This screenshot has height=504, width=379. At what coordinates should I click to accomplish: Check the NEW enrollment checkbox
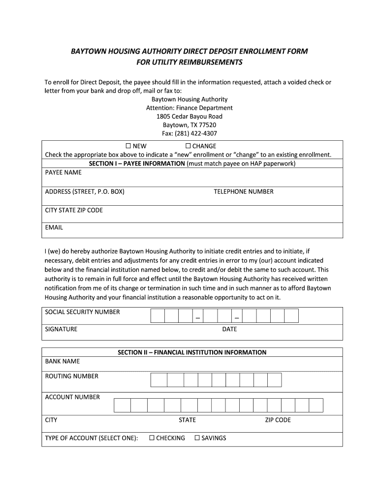128,146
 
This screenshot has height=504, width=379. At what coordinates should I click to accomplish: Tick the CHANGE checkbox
188,146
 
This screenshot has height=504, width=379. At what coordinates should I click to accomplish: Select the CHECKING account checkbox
152,438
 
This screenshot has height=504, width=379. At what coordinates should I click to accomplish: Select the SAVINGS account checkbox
197,438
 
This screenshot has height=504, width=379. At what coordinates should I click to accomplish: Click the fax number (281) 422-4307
189,134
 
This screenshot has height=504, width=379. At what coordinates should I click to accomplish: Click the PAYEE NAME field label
63,173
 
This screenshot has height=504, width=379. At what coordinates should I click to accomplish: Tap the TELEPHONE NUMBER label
243,191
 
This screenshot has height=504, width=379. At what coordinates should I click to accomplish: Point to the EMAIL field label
54,227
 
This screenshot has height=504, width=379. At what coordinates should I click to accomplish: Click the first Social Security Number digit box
158,316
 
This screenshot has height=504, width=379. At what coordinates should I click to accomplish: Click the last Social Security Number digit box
291,316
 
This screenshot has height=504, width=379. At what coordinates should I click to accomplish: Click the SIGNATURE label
61,329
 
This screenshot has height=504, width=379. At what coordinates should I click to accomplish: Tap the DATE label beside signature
229,329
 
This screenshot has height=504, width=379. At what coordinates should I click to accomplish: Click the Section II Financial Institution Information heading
192,352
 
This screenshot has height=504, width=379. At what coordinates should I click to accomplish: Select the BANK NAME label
63,361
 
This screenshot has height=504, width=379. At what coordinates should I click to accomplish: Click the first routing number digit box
158,380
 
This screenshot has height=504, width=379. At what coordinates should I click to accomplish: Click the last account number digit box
316,405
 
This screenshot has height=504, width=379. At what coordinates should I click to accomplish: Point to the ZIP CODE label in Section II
278,420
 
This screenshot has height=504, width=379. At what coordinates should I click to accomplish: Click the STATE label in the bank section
187,420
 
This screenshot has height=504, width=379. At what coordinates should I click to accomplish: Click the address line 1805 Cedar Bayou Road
189,116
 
